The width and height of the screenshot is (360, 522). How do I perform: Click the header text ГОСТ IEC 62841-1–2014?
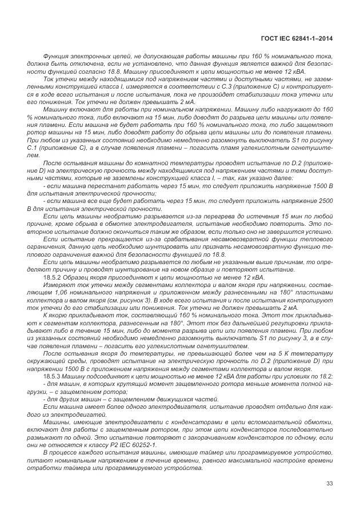click(x=297, y=39)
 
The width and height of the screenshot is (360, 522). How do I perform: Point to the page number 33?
click(x=329, y=484)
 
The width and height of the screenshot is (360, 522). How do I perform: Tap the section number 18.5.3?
click(x=54, y=376)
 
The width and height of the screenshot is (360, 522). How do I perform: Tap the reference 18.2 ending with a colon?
click(x=325, y=376)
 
